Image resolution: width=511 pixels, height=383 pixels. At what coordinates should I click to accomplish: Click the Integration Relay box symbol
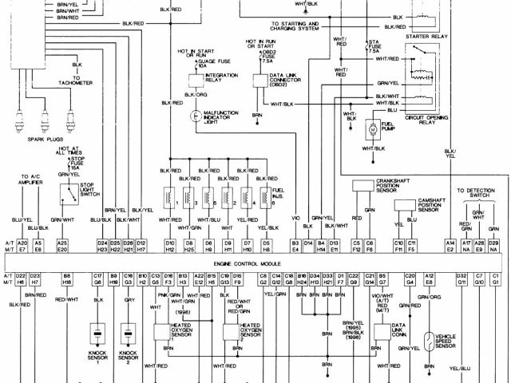pyautogui.click(x=193, y=77)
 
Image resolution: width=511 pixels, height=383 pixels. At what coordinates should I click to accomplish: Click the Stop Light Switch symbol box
pyautogui.click(x=69, y=192)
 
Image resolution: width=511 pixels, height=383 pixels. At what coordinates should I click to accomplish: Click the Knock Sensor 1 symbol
pyautogui.click(x=97, y=334)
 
